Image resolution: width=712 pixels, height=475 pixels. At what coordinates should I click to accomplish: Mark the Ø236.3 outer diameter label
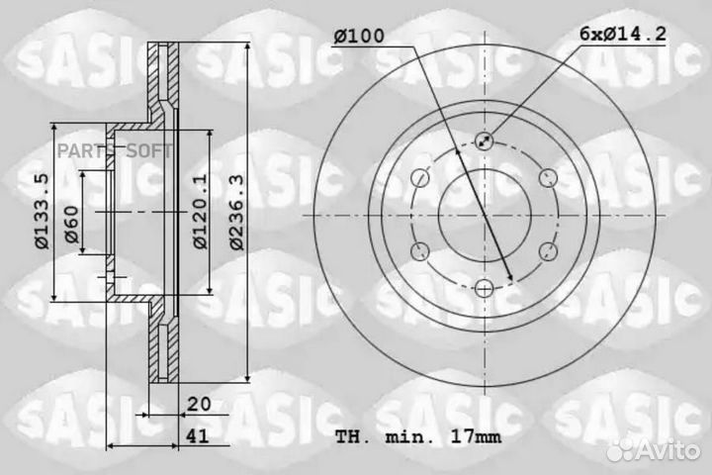point(232,212)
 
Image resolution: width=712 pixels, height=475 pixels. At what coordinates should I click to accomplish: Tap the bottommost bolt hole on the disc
point(484,287)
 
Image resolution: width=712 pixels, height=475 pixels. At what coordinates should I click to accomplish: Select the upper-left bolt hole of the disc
point(419,178)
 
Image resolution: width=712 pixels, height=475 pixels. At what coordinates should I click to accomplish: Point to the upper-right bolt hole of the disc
point(547,178)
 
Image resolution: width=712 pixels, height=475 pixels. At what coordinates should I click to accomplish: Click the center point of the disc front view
point(484,214)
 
